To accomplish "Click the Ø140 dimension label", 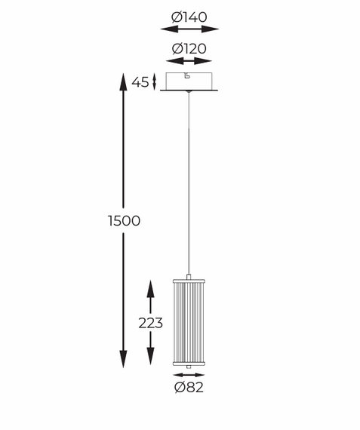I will point(189,16).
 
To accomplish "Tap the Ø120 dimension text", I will point(189,48).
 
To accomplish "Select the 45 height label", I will point(140,82).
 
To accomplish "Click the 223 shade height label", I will point(150,324).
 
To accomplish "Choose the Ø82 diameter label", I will point(189,388).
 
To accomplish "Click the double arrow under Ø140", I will point(189,29).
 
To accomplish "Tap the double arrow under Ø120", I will point(189,61).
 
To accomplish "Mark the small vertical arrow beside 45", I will point(155,81).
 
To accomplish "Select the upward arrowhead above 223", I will point(150,287).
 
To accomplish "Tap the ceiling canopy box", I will point(189,82).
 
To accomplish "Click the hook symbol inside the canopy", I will point(188,77).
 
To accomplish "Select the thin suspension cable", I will point(189,181).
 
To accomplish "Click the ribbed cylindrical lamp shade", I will point(189,323).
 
